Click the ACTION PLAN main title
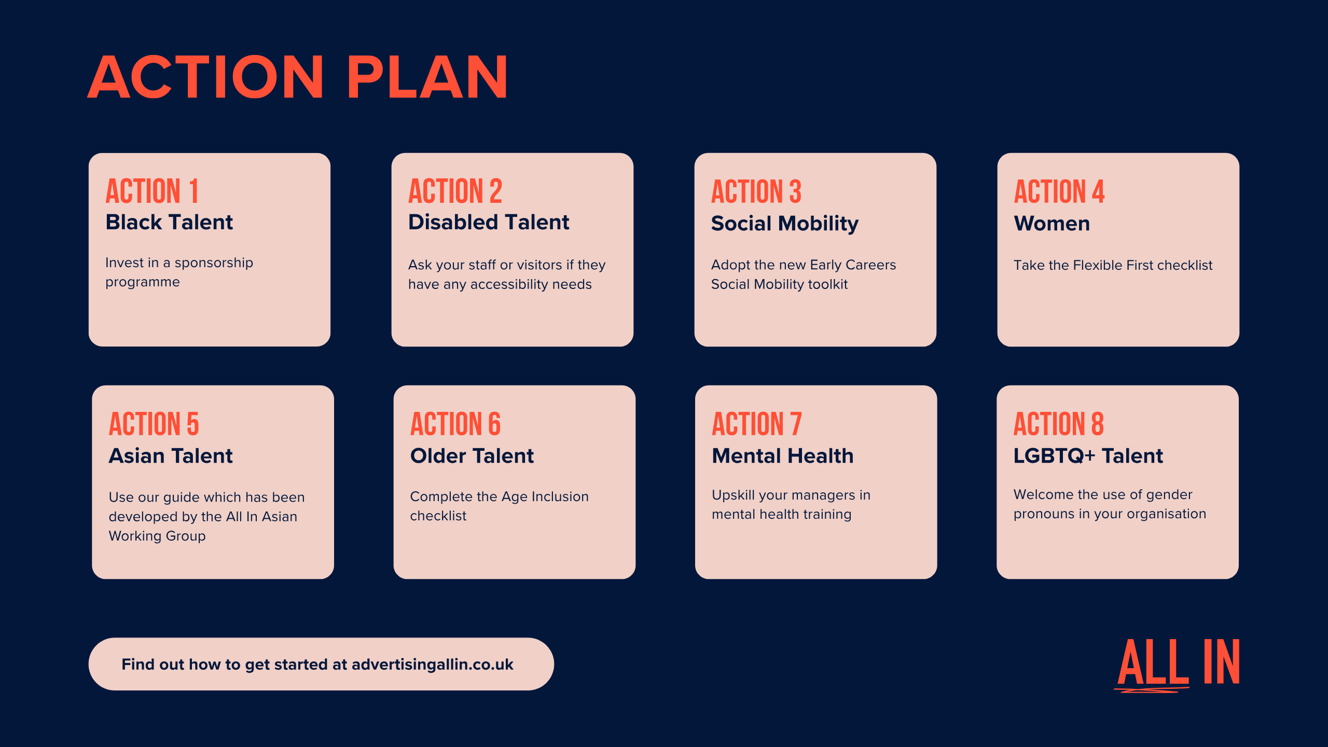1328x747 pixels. click(298, 77)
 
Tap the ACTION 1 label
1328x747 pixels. click(152, 191)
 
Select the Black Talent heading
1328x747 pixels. click(169, 222)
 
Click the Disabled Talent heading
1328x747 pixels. click(489, 222)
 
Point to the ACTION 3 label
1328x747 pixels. click(756, 191)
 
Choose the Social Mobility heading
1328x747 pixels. click(785, 224)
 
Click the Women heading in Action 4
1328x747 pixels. click(1052, 224)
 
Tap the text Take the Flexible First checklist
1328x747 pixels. click(1113, 265)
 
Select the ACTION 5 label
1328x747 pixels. click(154, 424)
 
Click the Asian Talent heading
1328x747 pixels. click(171, 456)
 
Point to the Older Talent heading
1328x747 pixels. click(472, 456)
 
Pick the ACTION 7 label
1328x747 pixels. click(757, 424)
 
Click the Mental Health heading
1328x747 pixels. click(783, 456)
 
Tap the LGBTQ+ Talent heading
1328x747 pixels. click(1088, 456)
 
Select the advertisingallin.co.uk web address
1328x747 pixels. click(433, 665)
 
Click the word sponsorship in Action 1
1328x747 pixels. click(214, 264)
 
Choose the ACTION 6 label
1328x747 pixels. click(455, 424)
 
